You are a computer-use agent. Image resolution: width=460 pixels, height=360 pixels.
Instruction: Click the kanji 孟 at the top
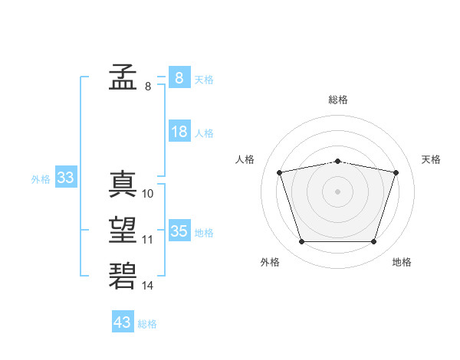click(123, 77)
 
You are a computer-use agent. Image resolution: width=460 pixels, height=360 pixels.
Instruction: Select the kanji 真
click(123, 184)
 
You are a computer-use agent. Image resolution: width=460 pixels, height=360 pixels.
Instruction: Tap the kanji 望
click(123, 230)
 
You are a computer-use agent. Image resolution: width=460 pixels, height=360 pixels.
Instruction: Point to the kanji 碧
click(123, 276)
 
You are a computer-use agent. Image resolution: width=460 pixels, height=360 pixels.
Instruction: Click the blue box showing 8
click(179, 77)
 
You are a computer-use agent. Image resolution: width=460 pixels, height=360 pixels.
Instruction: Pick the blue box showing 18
click(179, 130)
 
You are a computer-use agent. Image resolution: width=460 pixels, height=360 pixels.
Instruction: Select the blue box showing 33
click(66, 176)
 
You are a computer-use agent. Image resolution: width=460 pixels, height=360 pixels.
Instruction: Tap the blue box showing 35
click(179, 230)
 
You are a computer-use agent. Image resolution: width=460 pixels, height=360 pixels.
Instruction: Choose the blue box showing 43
click(123, 321)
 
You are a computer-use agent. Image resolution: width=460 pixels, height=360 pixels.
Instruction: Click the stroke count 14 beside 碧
click(147, 286)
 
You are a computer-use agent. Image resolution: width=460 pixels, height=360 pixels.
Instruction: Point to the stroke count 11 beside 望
click(147, 240)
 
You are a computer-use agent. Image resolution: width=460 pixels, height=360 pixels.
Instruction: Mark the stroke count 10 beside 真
click(147, 194)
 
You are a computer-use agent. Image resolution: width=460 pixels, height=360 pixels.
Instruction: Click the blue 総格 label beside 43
click(147, 324)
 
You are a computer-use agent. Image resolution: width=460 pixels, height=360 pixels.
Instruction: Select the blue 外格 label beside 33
click(41, 179)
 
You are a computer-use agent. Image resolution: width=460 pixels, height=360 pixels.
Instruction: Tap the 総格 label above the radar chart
click(338, 100)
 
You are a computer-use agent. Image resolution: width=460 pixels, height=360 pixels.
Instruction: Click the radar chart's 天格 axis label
click(431, 159)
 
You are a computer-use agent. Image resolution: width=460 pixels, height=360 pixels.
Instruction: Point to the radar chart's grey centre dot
click(337, 191)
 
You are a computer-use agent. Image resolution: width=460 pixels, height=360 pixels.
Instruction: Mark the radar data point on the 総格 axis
click(337, 162)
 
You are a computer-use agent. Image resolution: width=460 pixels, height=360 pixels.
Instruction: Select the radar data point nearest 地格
click(373, 241)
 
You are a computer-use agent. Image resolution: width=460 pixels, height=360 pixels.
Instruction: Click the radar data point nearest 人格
click(279, 172)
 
